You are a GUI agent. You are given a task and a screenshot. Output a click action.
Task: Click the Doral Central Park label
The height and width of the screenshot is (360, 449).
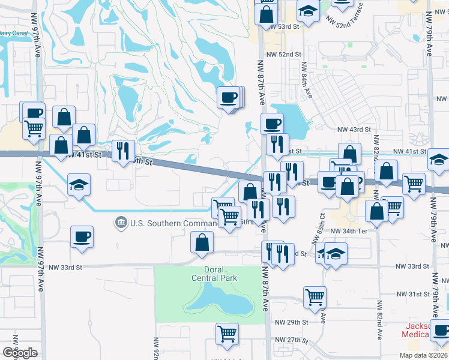point(214,274)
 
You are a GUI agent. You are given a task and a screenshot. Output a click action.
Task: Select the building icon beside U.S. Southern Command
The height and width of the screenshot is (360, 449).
point(121,223)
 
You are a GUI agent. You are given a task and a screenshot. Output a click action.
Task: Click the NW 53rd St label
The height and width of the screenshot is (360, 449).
point(284,27)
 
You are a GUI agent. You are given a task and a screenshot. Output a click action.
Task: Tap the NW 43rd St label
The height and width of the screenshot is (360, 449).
point(352,130)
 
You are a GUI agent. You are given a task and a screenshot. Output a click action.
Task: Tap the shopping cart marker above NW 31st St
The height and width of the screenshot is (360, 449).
point(315,296)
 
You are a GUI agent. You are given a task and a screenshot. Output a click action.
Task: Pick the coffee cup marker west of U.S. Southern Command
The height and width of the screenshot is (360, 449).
point(82,236)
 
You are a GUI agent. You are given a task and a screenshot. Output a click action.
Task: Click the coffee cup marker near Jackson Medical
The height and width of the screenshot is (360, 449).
point(441,329)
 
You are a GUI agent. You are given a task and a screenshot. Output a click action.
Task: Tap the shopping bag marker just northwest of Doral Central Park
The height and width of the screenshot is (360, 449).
point(202,242)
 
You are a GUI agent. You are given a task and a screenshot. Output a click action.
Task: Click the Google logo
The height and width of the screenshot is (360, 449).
point(20,353)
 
